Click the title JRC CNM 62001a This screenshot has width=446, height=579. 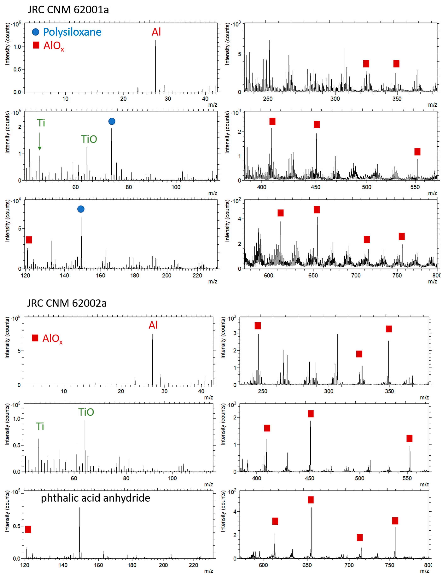click(x=68, y=10)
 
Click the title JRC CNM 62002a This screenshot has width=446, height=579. click(x=67, y=303)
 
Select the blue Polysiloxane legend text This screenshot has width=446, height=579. click(x=72, y=32)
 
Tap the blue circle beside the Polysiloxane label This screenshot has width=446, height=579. click(x=35, y=32)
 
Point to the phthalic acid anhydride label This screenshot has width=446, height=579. click(x=95, y=498)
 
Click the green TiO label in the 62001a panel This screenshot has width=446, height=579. click(x=89, y=139)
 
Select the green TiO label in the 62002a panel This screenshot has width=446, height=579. click(x=86, y=412)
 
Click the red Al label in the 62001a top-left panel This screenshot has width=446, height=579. click(x=156, y=32)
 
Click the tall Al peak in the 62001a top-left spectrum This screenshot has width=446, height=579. click(x=155, y=66)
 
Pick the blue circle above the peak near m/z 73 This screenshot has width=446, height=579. click(x=112, y=121)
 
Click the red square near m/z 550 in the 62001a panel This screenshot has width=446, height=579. click(x=417, y=152)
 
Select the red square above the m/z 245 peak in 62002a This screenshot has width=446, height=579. click(x=258, y=326)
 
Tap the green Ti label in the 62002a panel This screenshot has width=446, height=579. click(x=40, y=426)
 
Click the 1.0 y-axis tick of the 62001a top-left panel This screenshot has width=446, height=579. click(x=17, y=47)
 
